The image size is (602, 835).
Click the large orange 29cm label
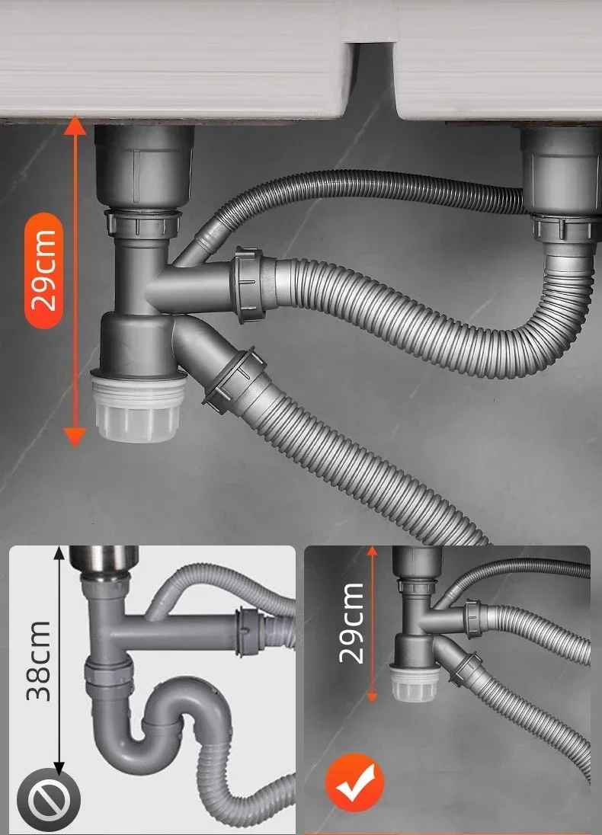pos(43,270)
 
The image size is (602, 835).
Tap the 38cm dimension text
pos(38,661)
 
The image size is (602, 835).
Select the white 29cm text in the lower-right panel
pos(351,623)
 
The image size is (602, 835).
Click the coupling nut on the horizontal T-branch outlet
pos(249,284)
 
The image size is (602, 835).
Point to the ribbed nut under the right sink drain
pos(564,228)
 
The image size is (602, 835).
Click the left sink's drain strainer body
pos(144,167)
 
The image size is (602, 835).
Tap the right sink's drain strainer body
pos(560,169)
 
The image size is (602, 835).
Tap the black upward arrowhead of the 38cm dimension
pos(59,553)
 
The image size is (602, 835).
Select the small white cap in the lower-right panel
pos(415,683)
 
